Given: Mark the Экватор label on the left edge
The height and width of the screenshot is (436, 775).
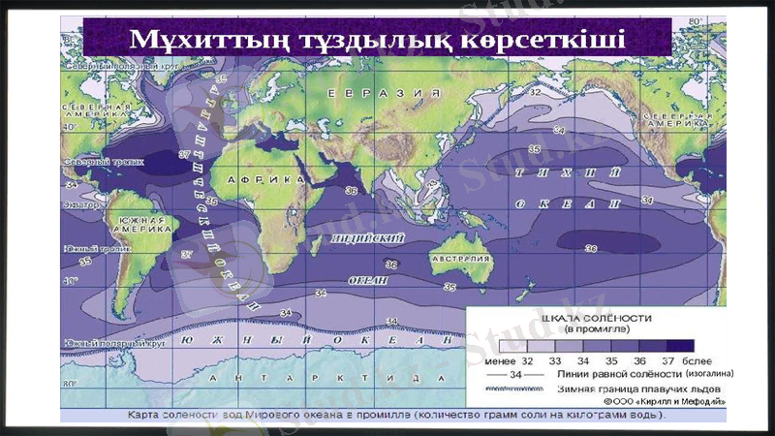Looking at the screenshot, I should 81,206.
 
